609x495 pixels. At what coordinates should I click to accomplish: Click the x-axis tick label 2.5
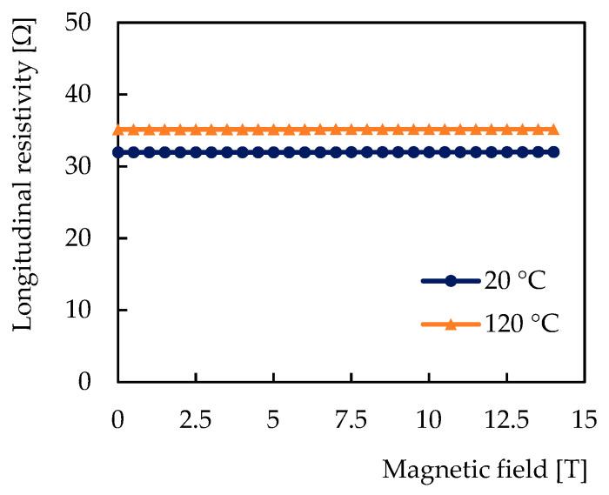coord(196,419)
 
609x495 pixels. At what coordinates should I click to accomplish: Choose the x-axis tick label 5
coord(273,419)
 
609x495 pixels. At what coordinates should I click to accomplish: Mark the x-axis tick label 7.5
coord(351,419)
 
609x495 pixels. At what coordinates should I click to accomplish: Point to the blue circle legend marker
coord(450,281)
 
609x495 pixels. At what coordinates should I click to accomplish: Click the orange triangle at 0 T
coord(118,130)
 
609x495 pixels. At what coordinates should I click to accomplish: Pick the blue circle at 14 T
coord(552,151)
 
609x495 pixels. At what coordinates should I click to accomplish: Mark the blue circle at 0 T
coord(118,151)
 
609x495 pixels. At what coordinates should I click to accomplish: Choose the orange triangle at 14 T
coord(552,130)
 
